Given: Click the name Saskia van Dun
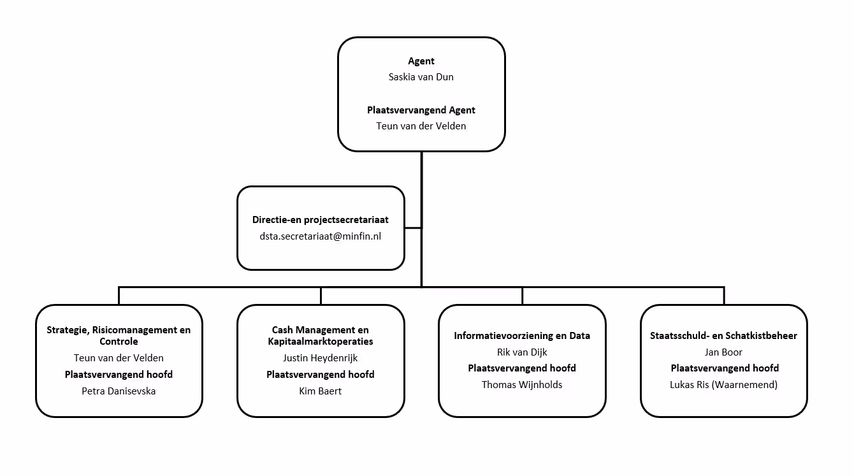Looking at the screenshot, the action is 421,77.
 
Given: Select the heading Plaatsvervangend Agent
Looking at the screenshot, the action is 421,110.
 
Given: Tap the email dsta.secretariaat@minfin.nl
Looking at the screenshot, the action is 320,236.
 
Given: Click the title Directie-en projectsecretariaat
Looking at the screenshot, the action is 320,220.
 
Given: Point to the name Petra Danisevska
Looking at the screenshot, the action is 119,391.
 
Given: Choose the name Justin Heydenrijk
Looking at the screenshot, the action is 320,358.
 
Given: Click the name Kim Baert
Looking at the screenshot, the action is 320,391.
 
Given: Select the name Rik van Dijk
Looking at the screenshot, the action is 522,352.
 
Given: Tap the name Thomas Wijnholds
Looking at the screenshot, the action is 522,385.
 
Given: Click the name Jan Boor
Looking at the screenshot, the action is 723,352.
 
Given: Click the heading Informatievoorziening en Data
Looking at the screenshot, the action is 522,336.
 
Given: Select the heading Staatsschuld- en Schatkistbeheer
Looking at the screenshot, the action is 723,336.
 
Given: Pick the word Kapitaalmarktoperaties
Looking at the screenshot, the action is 320,342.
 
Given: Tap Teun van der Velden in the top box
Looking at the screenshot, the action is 421,126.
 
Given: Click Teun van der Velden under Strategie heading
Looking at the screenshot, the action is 119,358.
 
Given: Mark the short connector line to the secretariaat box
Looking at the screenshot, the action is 413,228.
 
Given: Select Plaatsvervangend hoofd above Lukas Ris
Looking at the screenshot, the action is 725,368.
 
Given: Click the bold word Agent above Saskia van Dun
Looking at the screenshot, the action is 421,61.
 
